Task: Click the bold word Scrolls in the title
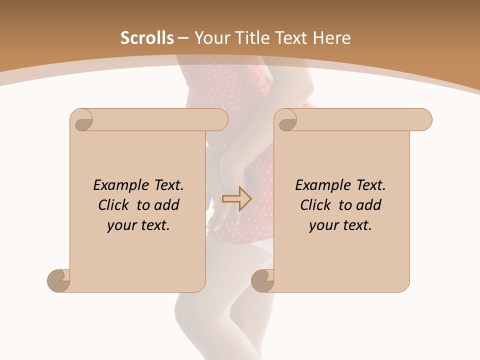(147, 38)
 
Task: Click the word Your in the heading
(210, 38)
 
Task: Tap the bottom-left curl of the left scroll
(58, 280)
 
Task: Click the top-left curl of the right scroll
(287, 120)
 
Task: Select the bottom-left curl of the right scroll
(262, 280)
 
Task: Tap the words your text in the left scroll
(138, 225)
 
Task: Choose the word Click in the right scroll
(316, 205)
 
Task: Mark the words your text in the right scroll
(340, 225)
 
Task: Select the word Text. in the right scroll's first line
(370, 185)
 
